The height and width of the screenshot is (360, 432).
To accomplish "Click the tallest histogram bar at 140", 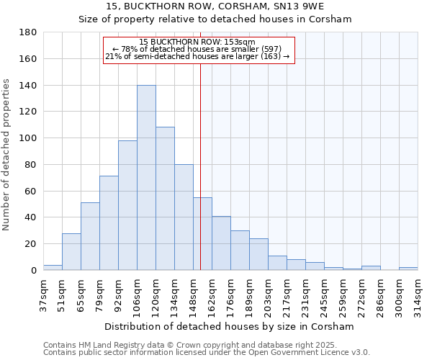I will (146, 178).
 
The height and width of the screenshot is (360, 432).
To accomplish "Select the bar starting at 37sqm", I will (53, 267).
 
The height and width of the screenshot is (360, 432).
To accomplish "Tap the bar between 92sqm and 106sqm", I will (127, 205).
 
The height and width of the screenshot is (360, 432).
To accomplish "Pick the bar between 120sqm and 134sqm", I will (165, 199).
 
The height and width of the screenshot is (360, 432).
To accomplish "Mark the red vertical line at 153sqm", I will (200, 166).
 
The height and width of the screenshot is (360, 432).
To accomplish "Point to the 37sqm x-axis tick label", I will (43, 293).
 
